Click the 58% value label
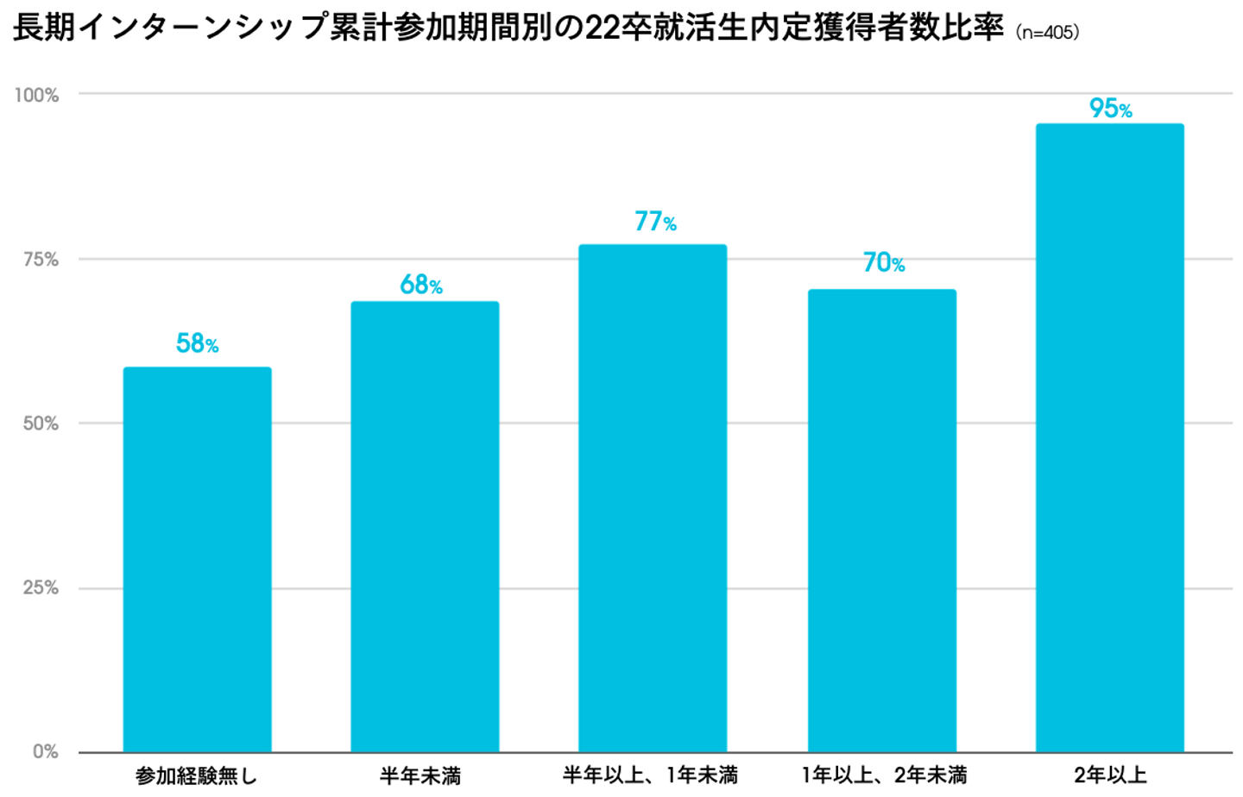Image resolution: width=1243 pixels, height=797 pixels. (x=197, y=343)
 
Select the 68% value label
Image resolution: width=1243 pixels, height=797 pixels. (x=421, y=285)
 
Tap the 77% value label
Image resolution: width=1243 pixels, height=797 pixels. (x=655, y=222)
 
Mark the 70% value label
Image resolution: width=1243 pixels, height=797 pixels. (x=884, y=262)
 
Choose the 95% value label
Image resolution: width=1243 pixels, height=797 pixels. (x=1110, y=109)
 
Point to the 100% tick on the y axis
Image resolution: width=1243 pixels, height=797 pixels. (x=36, y=95)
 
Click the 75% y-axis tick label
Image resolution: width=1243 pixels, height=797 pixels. (x=41, y=259)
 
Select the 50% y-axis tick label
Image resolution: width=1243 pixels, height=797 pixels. (x=41, y=424)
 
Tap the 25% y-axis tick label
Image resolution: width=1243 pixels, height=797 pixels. (x=41, y=588)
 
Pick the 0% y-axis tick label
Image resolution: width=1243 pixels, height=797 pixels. (x=46, y=752)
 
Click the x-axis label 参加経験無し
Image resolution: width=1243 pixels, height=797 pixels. (x=197, y=776)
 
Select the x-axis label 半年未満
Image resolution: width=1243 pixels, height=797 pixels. (x=420, y=776)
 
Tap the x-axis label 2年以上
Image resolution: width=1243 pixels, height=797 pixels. (x=1110, y=775)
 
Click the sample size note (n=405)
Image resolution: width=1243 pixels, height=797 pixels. (x=1047, y=33)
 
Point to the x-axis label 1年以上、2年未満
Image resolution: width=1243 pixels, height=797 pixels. (x=884, y=775)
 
